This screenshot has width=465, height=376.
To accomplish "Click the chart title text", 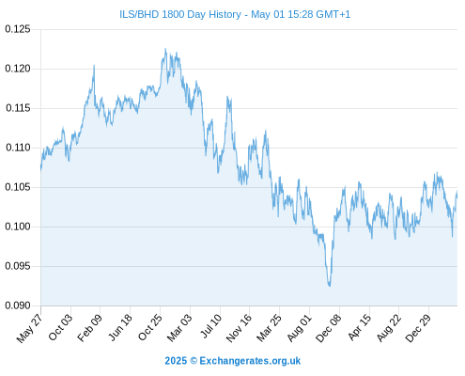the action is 235,14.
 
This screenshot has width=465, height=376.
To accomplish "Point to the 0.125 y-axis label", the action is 18,29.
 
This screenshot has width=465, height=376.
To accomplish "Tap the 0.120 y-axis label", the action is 18,69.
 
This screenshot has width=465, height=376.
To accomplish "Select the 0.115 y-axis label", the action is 18,108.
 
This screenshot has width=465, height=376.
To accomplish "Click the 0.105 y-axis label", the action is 18,187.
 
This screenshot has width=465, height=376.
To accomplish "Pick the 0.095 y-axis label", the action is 18,266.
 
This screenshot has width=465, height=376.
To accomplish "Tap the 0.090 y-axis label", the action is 18,305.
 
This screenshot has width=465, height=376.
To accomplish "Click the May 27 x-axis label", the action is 29,328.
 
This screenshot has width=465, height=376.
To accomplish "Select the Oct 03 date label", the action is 60,327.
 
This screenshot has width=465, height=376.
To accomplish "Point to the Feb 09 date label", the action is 89,327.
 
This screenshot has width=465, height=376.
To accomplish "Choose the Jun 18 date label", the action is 120,327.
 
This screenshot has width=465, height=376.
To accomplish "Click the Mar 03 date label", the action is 179,327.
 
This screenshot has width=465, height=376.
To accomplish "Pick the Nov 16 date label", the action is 239,328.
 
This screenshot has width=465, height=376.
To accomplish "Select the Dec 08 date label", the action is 329,328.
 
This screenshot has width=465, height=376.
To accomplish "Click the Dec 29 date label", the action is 418,328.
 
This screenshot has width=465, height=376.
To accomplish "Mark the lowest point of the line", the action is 330,286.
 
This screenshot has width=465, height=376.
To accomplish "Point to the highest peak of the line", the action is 165,49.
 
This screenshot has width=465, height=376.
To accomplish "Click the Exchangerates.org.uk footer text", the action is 250,361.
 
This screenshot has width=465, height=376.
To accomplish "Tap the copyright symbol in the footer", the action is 194,361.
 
